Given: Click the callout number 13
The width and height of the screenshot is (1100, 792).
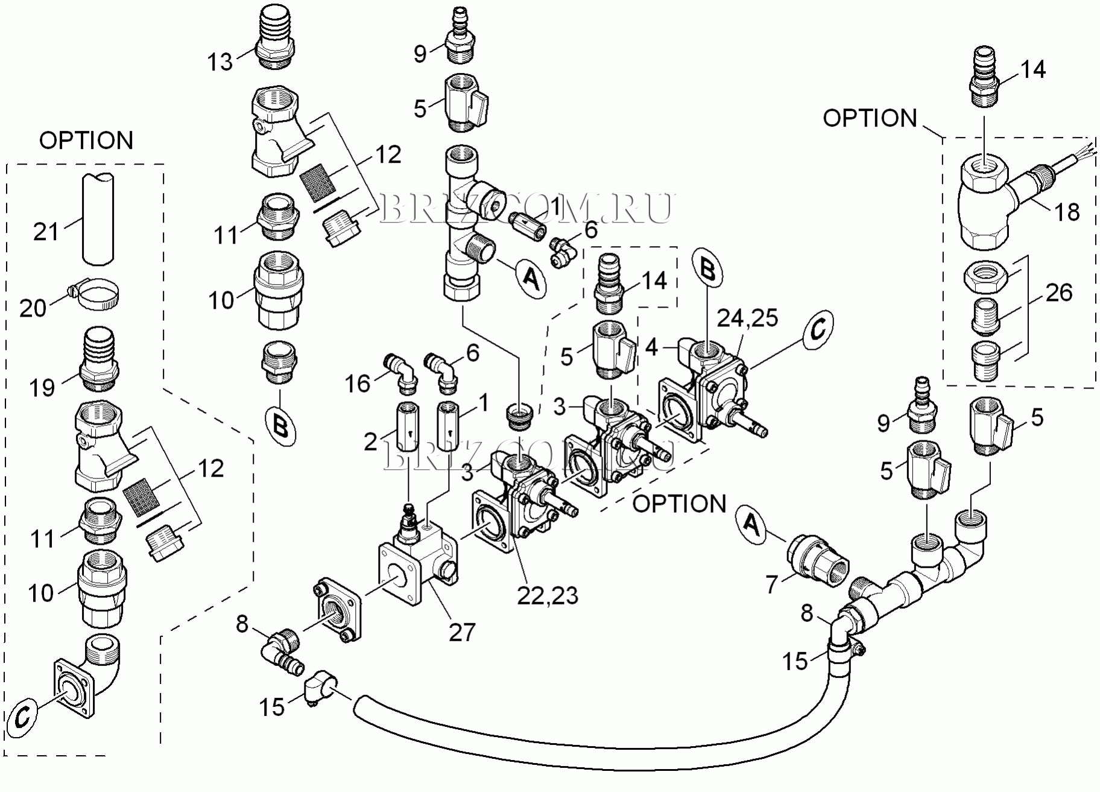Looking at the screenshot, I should tap(220, 62).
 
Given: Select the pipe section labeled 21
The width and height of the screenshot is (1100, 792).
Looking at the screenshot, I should tap(98, 218).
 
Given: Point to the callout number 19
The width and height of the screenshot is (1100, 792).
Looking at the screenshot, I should tap(42, 387).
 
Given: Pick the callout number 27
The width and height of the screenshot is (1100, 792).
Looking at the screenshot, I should tap(462, 632).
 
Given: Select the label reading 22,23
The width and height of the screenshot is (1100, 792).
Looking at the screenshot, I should tap(548, 595).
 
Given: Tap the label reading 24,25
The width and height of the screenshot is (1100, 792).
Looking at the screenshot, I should tap(747, 318).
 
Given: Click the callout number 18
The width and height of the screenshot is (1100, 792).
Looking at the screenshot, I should tap(1066, 212).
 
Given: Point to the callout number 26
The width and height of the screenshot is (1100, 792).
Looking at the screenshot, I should tap(1059, 293).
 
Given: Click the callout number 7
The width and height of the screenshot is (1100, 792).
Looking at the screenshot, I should tap(772, 584).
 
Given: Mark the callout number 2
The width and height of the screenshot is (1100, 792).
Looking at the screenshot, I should tap(370, 442).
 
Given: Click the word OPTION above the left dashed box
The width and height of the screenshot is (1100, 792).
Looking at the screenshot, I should tap(86, 141).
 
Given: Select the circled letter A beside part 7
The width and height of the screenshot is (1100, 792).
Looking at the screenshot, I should tap(751, 524).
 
